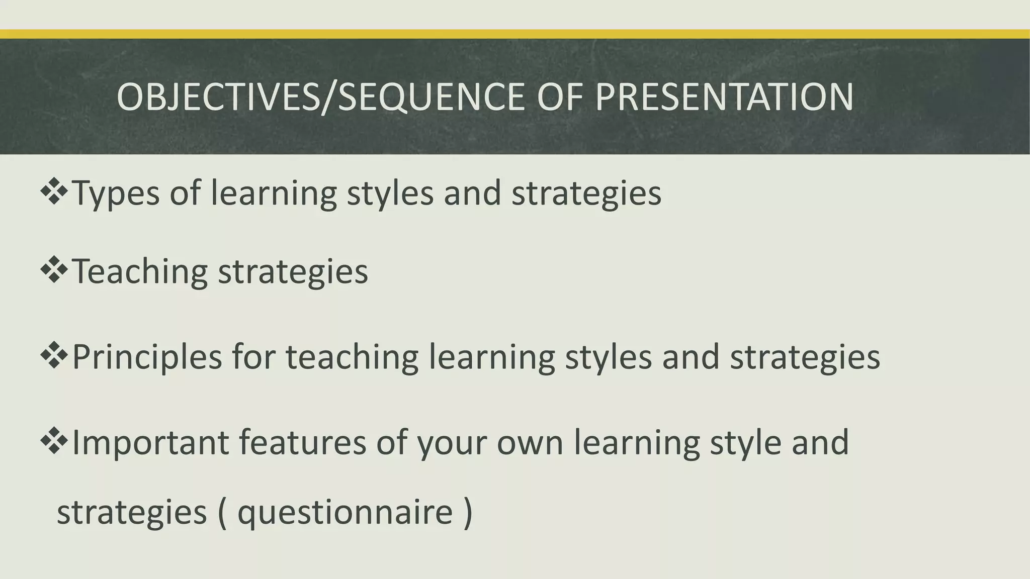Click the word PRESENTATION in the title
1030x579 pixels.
click(724, 96)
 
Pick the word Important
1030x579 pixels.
click(150, 442)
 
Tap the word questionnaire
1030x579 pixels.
click(345, 513)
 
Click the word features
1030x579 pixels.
click(302, 442)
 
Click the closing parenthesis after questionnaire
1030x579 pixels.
click(468, 513)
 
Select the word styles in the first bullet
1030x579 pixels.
click(390, 194)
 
